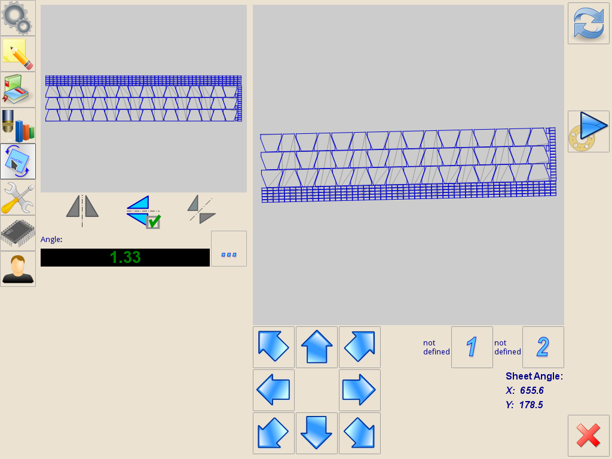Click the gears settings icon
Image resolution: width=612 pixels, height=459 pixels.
17,18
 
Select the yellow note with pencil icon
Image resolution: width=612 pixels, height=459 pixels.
17,54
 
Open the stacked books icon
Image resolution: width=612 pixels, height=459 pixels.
17,90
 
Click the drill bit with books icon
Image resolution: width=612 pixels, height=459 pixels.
17,126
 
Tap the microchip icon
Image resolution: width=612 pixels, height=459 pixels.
17,233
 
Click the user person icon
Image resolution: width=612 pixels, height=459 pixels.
17,269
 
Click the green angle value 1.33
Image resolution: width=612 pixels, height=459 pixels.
125,258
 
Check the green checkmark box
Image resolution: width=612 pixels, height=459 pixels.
153,221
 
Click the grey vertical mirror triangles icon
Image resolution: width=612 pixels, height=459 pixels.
82,210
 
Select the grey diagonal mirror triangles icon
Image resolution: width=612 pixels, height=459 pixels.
201,210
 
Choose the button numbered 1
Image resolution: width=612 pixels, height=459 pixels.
472,347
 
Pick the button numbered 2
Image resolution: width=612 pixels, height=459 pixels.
543,347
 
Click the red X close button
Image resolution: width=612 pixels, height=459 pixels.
588,436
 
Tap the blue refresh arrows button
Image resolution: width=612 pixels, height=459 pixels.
588,23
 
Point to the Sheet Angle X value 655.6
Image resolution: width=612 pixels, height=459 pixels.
532,390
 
